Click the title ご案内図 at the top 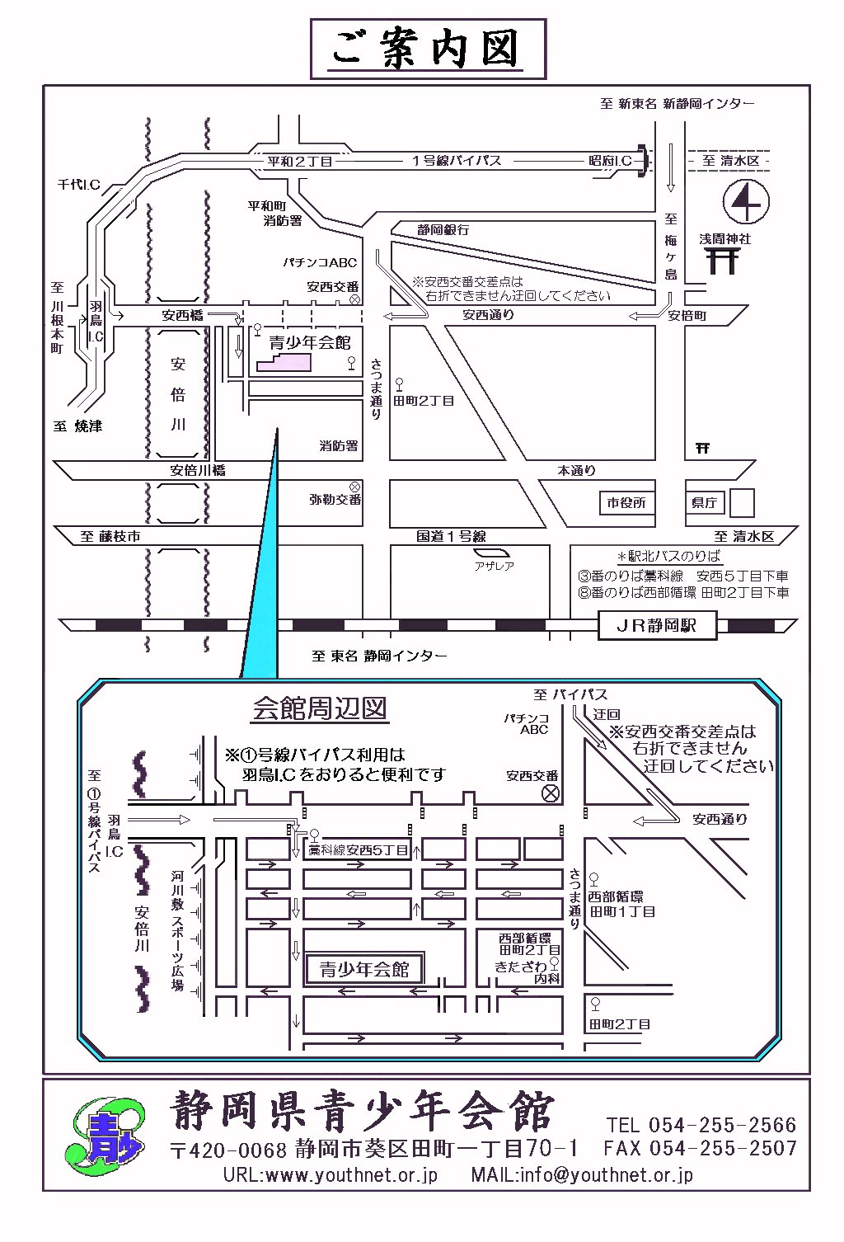tap(427, 49)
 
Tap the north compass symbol tap(745, 201)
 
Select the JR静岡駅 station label tap(656, 625)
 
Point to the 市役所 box tap(626, 502)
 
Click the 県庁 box tap(704, 502)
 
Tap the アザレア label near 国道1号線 tap(494, 566)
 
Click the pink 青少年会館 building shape tap(284, 360)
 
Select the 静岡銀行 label tap(443, 230)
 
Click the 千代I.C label tap(78, 184)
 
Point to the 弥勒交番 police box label tap(335, 499)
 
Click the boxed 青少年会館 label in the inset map tap(364, 969)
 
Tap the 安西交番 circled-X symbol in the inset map tap(549, 793)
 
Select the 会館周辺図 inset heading tap(319, 708)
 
